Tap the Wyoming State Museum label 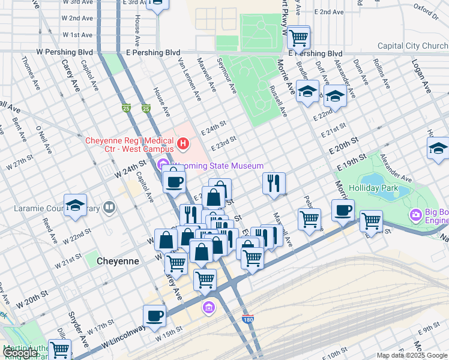tap(218, 166)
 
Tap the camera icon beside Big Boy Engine tap(415, 215)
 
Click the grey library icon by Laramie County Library tap(109, 208)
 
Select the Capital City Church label tap(412, 46)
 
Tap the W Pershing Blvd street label tap(65, 53)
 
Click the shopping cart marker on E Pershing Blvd tap(298, 38)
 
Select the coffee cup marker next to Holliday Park tap(343, 211)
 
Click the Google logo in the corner tap(20, 353)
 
